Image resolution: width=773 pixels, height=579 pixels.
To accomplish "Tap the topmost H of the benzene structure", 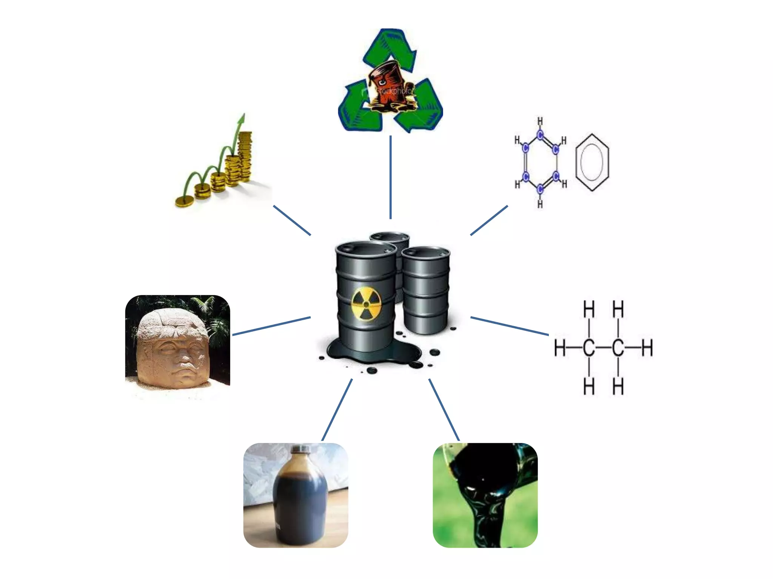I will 540,121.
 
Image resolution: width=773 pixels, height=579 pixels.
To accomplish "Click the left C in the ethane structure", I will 589,348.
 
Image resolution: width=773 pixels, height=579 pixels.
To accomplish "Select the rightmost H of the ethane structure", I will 647,348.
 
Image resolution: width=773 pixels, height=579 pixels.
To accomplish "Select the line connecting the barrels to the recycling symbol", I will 390,177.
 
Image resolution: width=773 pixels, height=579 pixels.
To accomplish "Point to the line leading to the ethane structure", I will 510,326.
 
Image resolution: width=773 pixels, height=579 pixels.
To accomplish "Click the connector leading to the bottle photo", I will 337,410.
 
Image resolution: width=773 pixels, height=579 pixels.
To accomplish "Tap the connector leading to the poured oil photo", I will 444,410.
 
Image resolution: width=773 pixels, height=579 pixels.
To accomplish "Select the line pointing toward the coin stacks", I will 292,221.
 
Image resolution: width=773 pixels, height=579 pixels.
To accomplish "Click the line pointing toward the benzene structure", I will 489,221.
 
